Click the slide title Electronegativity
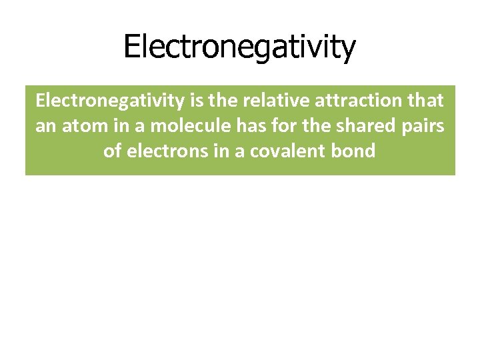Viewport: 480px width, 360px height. pyautogui.click(x=240, y=47)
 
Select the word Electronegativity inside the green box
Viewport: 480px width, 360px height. pyautogui.click(x=109, y=101)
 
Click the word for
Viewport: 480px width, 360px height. pyautogui.click(x=275, y=127)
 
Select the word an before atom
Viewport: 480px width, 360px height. pyautogui.click(x=45, y=127)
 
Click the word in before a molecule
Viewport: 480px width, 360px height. pyautogui.click(x=112, y=127)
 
